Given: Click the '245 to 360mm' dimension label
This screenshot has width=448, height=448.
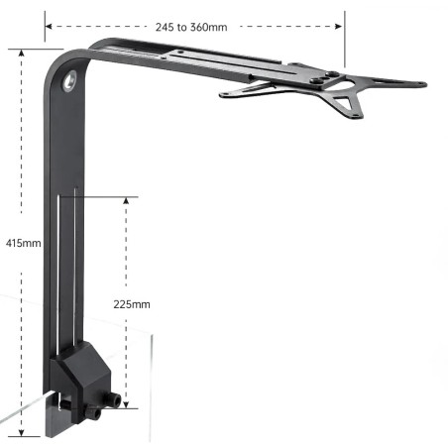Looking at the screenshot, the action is pyautogui.click(x=191, y=27).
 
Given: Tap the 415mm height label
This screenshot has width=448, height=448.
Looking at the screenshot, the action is pyautogui.click(x=24, y=243).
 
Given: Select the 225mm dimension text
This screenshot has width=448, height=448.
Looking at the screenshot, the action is pyautogui.click(x=132, y=304).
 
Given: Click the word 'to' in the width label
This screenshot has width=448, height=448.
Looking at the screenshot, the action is pyautogui.click(x=181, y=27).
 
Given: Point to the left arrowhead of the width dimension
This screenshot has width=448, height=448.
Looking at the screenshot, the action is pyautogui.click(x=49, y=26).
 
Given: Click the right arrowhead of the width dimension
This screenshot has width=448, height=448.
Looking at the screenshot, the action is pyautogui.click(x=339, y=26).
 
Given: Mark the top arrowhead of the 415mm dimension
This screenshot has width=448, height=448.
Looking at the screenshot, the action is pyautogui.click(x=22, y=53).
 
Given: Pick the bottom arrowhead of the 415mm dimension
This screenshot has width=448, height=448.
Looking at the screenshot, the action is pyautogui.click(x=22, y=432).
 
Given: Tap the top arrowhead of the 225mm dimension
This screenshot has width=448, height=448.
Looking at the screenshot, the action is pyautogui.click(x=126, y=201).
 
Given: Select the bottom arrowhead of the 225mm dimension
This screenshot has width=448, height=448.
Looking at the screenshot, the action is pyautogui.click(x=126, y=404).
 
